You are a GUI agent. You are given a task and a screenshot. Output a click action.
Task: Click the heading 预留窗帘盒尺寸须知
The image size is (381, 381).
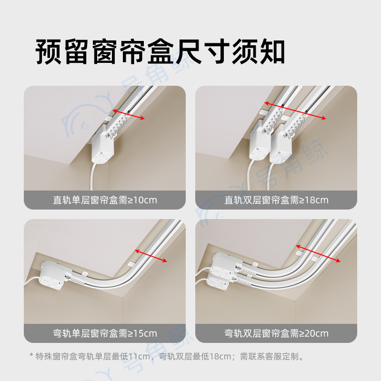pyautogui.click(x=160, y=52)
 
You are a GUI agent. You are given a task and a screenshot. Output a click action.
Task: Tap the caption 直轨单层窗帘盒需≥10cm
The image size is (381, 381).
pyautogui.click(x=105, y=200)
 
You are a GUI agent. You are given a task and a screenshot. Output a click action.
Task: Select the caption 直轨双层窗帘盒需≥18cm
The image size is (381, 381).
pyautogui.click(x=276, y=200)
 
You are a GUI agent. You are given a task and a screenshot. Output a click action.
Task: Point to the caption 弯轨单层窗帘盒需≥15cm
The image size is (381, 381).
pyautogui.click(x=105, y=333)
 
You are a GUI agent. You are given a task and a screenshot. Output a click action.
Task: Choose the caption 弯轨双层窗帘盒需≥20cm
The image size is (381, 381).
pyautogui.click(x=276, y=333)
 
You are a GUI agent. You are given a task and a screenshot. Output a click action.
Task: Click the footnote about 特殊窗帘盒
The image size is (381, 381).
pyautogui.click(x=166, y=356)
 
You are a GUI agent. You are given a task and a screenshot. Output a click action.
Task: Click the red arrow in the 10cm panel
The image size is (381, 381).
pyautogui.click(x=129, y=114)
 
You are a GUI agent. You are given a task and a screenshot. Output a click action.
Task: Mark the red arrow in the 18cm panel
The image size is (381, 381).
pyautogui.click(x=295, y=110)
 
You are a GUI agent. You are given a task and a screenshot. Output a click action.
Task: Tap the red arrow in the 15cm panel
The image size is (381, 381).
pyautogui.click(x=151, y=256)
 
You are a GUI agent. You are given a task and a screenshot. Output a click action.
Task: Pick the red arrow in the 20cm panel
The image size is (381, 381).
pyautogui.click(x=318, y=253)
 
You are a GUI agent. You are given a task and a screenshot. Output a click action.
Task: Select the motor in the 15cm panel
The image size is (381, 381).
pyautogui.click(x=55, y=275)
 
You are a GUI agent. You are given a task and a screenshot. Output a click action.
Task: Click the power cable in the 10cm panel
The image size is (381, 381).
pyautogui.click(x=93, y=176)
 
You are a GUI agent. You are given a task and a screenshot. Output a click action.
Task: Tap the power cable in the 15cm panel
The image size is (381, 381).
pyautogui.click(x=32, y=282)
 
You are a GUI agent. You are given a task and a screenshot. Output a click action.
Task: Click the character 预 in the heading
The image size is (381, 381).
pyautogui.click(x=49, y=52)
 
